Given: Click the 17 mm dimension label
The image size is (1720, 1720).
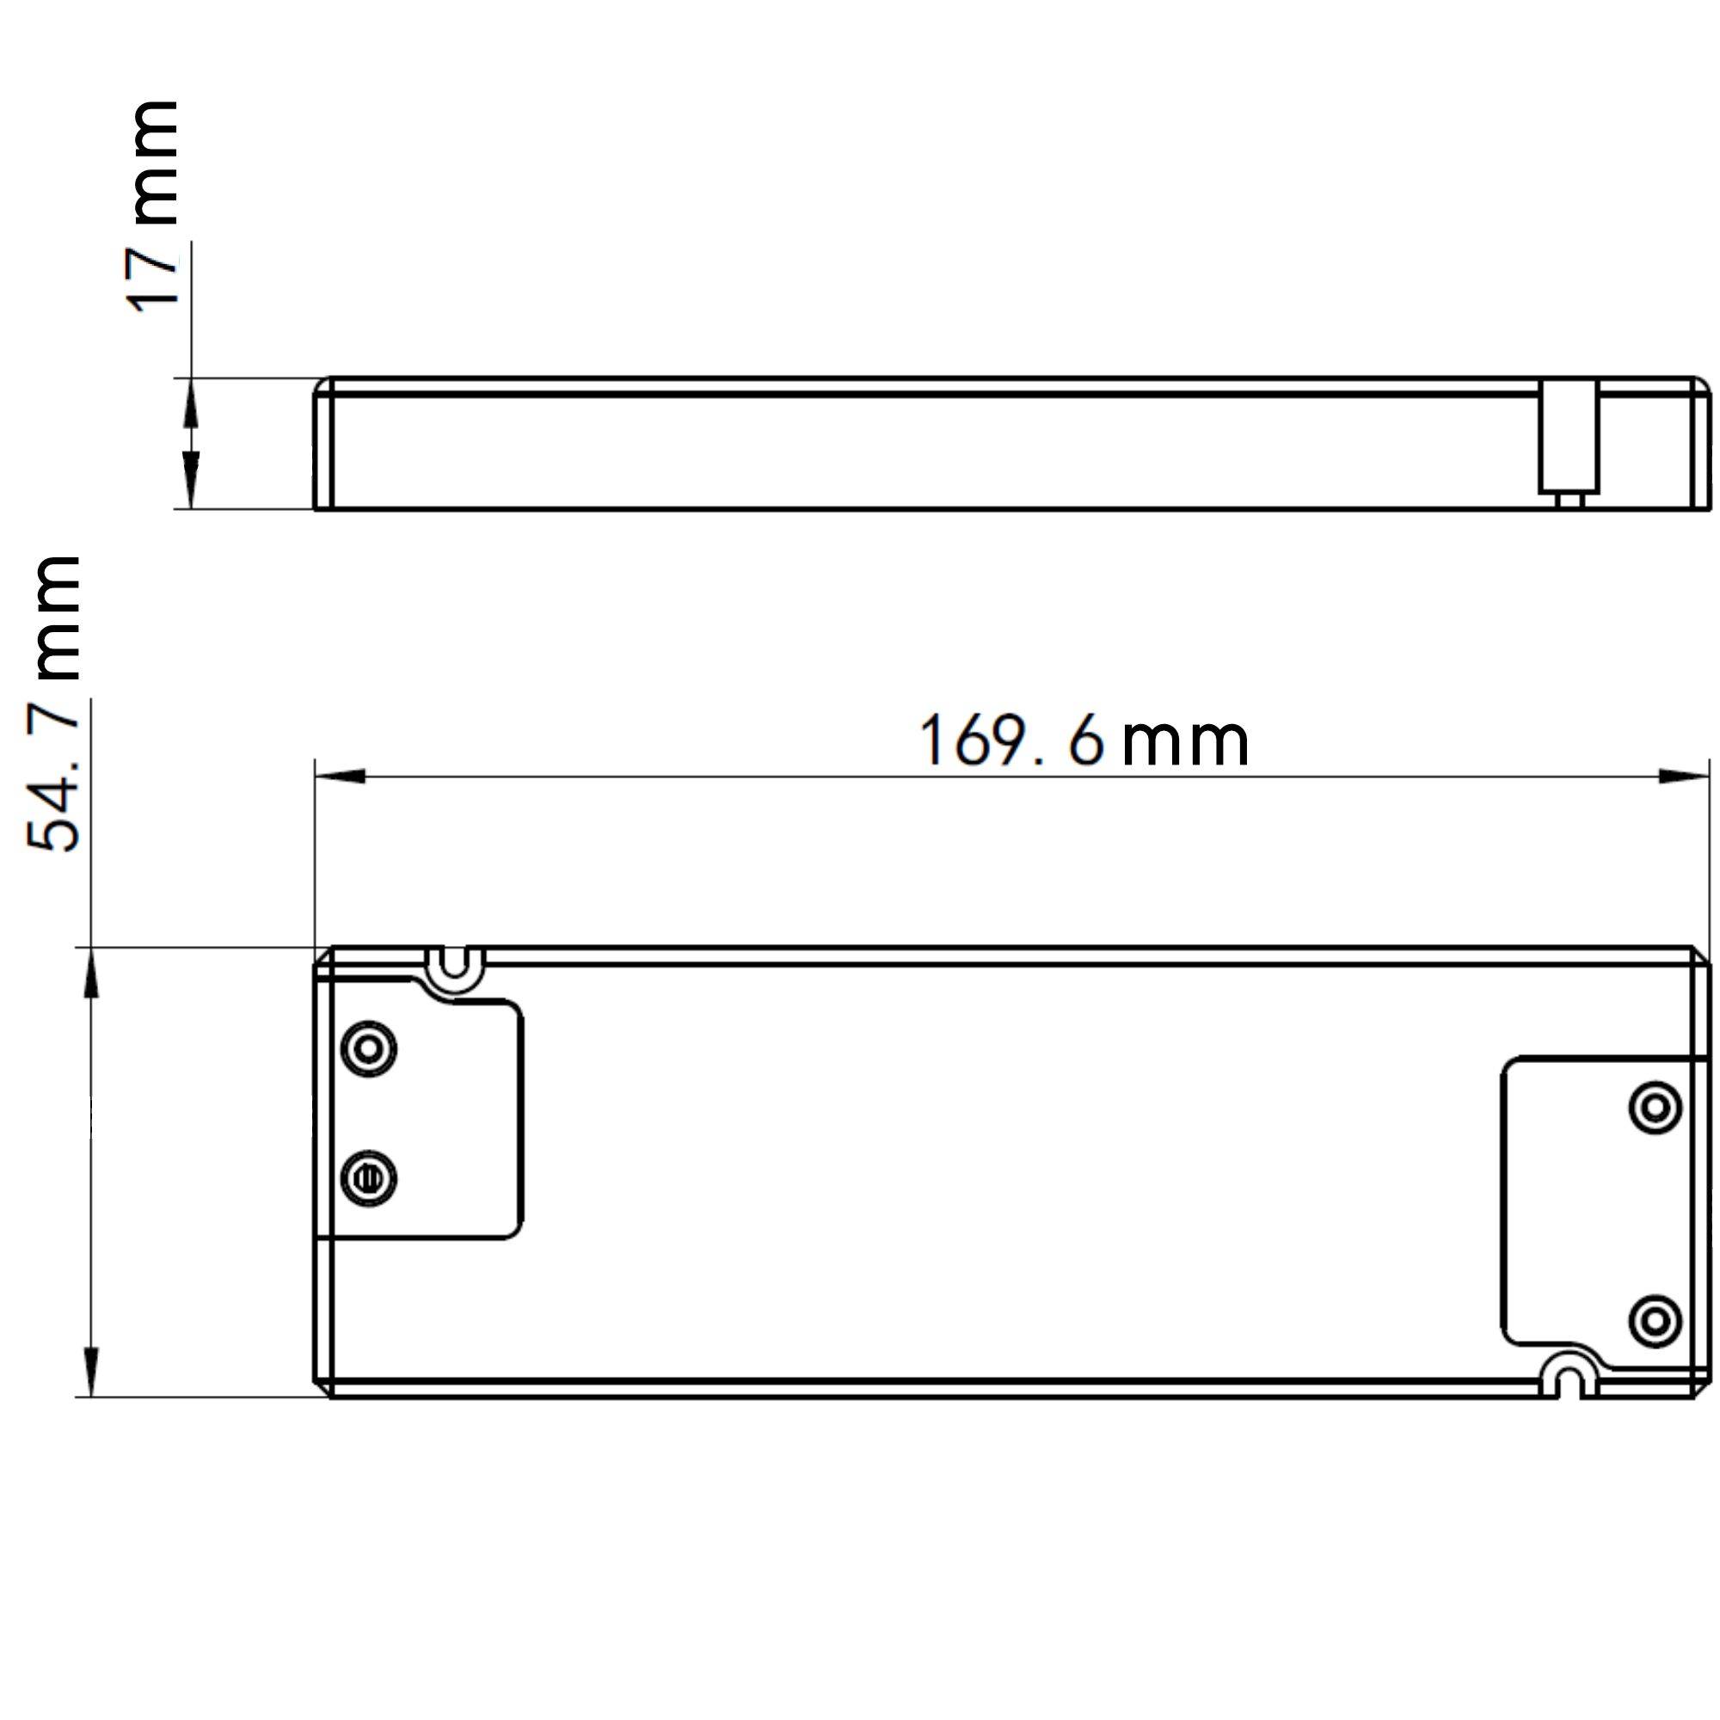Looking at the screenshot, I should [x=153, y=206].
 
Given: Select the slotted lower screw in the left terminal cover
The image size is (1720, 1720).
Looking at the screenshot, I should [x=369, y=1178].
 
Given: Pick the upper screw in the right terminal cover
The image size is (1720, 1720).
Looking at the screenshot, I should [x=1655, y=1109].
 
